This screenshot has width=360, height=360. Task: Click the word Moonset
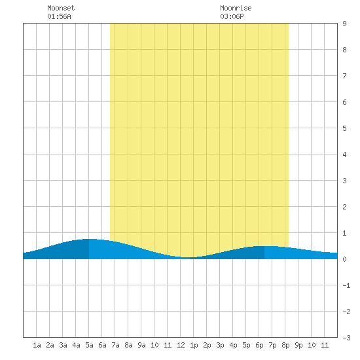coord(61,8)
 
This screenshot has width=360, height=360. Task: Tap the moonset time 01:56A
coord(59,16)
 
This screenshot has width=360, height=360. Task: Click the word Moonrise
coord(236,8)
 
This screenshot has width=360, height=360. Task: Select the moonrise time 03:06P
coord(232,16)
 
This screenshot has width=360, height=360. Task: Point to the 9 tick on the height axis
coord(344,24)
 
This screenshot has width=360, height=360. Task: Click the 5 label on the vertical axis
coord(344,128)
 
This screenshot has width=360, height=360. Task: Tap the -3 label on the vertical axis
coord(346,338)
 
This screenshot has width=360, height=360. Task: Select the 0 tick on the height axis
coord(344,259)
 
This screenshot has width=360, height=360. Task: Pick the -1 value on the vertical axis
coord(346,285)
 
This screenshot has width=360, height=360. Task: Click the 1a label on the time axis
coord(37,345)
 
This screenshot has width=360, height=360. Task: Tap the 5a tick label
coord(89,345)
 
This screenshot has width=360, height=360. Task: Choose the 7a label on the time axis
coord(115,345)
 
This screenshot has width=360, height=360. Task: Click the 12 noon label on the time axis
coord(181,345)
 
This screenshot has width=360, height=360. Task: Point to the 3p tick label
coord(220,345)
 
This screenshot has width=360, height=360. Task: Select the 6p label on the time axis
coord(259,345)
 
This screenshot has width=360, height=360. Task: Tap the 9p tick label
coord(298,345)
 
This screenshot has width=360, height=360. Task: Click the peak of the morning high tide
coord(89,239)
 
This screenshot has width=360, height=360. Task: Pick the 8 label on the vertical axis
coord(344,50)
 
